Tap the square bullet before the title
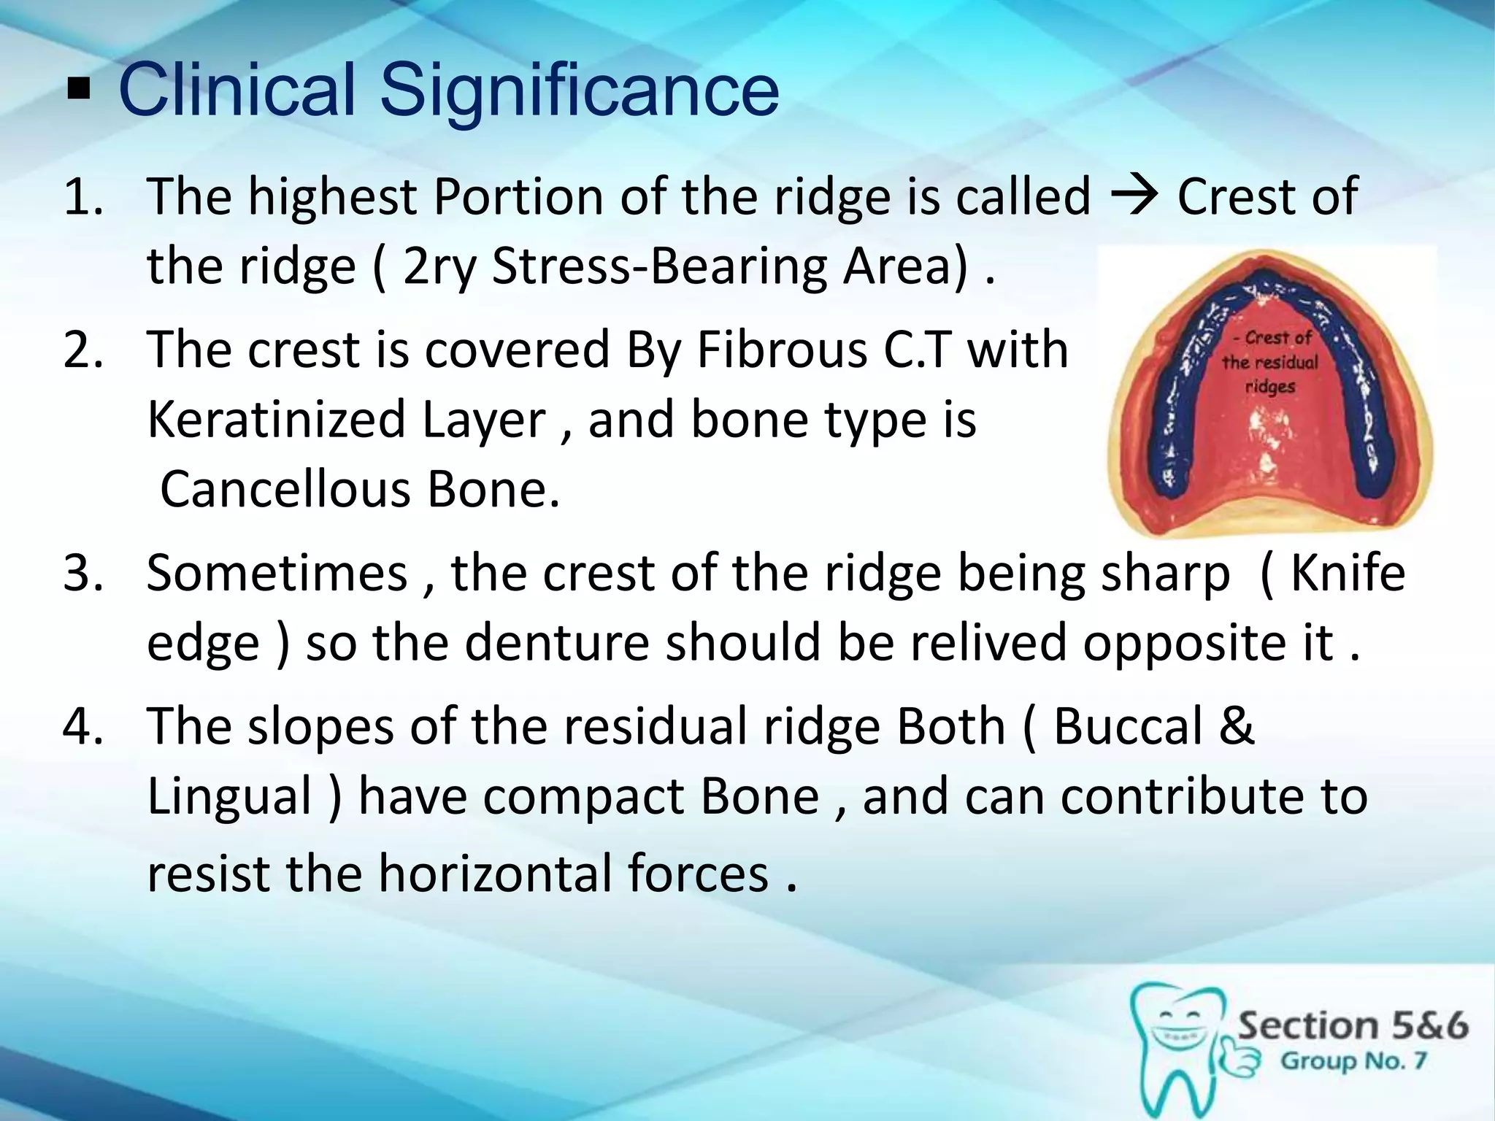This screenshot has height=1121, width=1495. (x=77, y=91)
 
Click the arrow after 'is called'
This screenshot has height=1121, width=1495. (x=1132, y=197)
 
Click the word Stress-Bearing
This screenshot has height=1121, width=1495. (x=660, y=266)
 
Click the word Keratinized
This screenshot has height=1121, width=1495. (x=276, y=420)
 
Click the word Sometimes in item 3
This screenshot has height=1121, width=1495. (x=277, y=574)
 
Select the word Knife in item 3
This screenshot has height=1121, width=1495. (x=1348, y=574)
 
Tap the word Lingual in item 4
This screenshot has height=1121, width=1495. (x=230, y=796)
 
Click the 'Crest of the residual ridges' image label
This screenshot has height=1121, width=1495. (x=1271, y=361)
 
